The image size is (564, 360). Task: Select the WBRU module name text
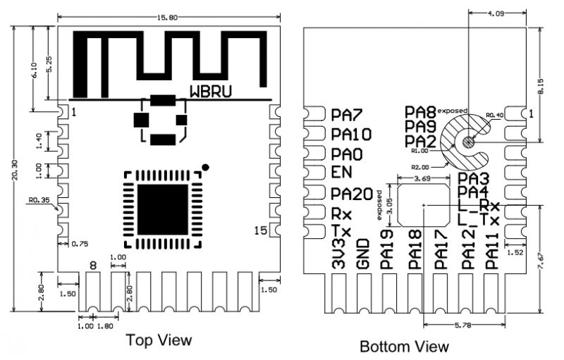pyautogui.click(x=210, y=91)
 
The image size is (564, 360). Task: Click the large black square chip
pyautogui.click(x=161, y=204)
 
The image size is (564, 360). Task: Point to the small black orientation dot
pyautogui.click(x=205, y=167)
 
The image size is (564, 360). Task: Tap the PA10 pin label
pyautogui.click(x=351, y=134)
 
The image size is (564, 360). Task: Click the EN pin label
pyautogui.click(x=341, y=173)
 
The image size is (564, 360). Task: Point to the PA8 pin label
pyautogui.click(x=421, y=111)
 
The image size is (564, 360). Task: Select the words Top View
pyautogui.click(x=159, y=340)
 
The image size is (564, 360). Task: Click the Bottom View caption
pyautogui.click(x=403, y=347)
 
